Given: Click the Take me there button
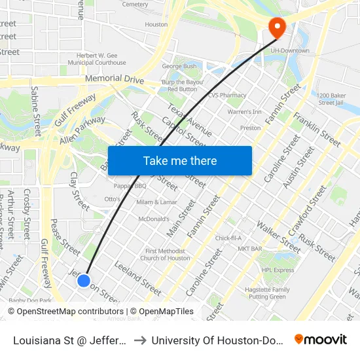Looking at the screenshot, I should [x=180, y=161].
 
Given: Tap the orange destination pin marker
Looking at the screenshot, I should [x=278, y=27].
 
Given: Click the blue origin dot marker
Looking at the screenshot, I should [x=83, y=280].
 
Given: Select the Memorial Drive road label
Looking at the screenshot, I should [x=114, y=79].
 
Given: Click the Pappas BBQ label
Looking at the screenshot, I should [x=130, y=186].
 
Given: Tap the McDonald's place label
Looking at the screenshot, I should [x=153, y=219].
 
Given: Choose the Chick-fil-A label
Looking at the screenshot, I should [x=228, y=238].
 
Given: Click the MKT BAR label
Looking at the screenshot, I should [x=250, y=249].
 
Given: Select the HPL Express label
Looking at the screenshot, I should [x=278, y=270].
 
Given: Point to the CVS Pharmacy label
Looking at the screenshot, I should [x=227, y=95].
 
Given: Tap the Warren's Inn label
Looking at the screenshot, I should [x=244, y=112].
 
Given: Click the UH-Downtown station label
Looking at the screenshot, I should [x=291, y=50].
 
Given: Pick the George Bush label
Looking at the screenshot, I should [x=179, y=66].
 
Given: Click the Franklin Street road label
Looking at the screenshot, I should [x=317, y=130].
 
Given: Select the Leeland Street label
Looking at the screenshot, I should [x=137, y=278].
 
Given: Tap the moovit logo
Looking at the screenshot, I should [x=321, y=340].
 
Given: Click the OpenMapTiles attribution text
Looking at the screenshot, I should [x=162, y=312].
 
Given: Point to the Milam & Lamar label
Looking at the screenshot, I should [x=156, y=202].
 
